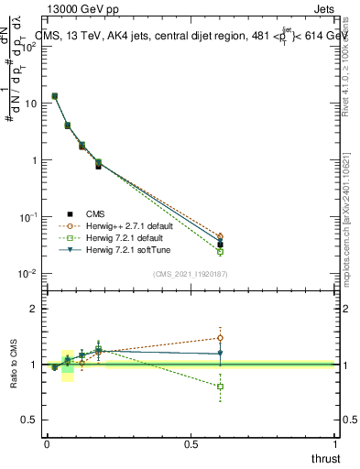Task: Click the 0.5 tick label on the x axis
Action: pyautogui.click(x=191, y=444)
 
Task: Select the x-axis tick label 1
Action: pyautogui.click(x=335, y=444)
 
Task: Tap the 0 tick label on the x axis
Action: pyautogui.click(x=47, y=444)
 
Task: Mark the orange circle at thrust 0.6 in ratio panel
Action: pyautogui.click(x=220, y=337)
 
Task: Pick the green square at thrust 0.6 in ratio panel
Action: pyautogui.click(x=220, y=387)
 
